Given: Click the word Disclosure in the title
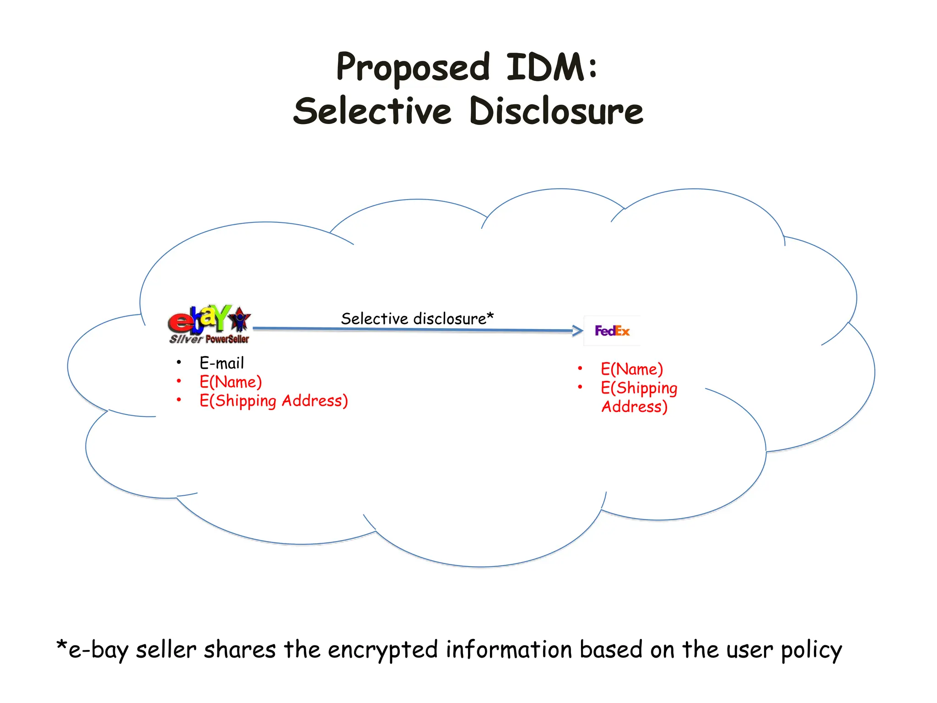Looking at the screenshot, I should pos(556,112).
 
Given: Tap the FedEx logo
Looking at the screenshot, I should pos(612,330).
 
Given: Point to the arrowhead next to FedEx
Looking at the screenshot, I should pos(578,330).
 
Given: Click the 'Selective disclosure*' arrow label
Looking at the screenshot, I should pos(417,319).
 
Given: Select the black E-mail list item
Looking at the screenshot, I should pos(221,363).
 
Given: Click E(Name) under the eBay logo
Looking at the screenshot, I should pos(231,382).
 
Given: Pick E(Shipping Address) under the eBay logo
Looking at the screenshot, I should pos(274,401).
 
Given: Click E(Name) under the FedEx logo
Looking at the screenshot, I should pos(632,369).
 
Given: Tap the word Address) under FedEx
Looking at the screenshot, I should pos(634,407).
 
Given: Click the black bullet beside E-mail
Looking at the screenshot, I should pos(179,363).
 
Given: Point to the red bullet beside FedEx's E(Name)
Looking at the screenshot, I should pos(580,368).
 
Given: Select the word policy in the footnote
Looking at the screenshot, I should pos(811,650).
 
